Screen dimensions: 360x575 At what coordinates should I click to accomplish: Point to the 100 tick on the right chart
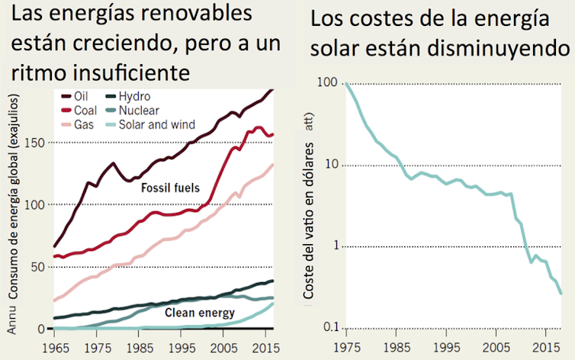[x=326, y=82]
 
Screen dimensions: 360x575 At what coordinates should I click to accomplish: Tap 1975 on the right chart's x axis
[x=346, y=347]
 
